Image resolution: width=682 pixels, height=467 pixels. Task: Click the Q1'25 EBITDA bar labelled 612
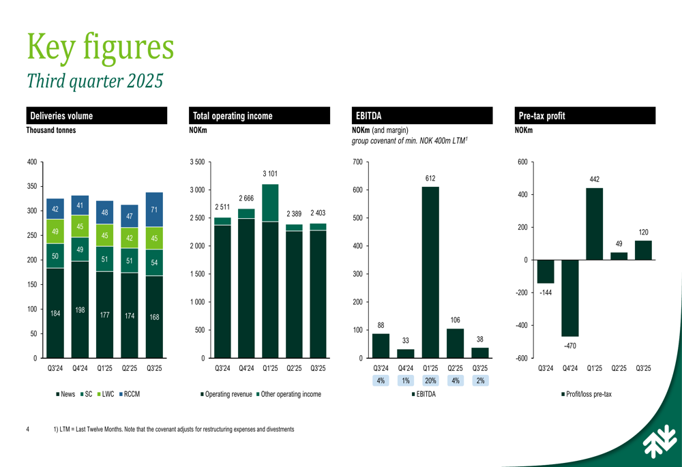click(x=430, y=272)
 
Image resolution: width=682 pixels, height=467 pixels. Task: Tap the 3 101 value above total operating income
click(x=270, y=175)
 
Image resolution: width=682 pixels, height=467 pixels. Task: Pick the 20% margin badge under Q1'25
click(x=430, y=380)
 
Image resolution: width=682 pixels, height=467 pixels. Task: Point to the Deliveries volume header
click(x=95, y=116)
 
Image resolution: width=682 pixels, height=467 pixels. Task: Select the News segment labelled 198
click(x=80, y=310)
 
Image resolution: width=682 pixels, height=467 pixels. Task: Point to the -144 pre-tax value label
click(x=545, y=292)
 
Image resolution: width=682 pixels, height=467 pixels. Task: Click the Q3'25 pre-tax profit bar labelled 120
click(x=643, y=250)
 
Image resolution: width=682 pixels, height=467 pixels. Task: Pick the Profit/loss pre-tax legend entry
click(x=586, y=394)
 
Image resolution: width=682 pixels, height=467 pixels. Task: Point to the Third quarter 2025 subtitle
click(x=95, y=80)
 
